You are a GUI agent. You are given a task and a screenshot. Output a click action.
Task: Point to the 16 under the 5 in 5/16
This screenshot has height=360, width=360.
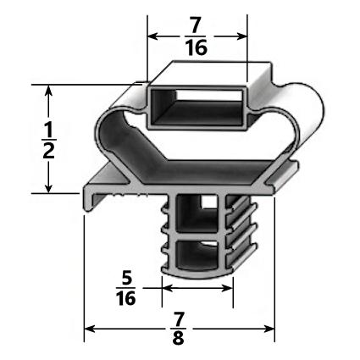click(x=125, y=301)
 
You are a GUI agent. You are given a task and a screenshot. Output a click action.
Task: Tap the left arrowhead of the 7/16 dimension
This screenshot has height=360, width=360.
click(x=153, y=36)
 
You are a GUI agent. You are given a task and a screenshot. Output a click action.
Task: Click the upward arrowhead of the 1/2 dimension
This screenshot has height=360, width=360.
click(x=49, y=90)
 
